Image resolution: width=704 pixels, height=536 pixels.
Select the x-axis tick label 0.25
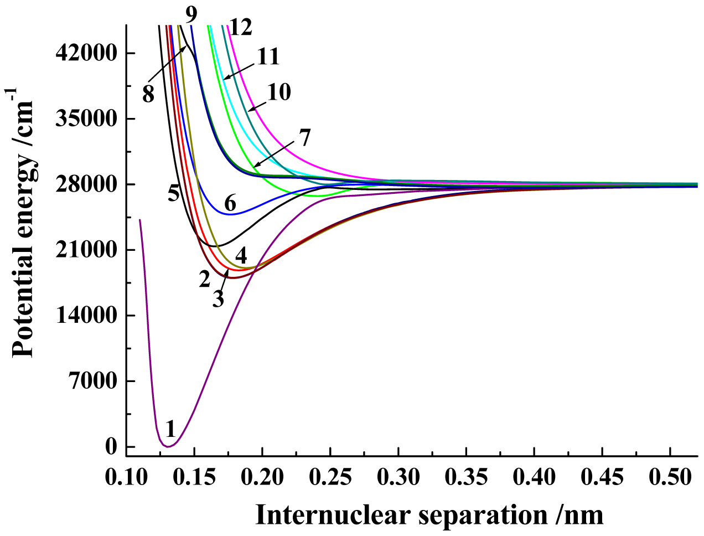click(330, 477)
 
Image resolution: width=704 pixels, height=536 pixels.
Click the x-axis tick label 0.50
click(670, 477)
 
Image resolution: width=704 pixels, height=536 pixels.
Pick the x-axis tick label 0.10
click(127, 477)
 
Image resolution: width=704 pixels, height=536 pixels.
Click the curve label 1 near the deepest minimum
click(170, 429)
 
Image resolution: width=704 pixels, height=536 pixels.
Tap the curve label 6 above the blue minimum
click(230, 204)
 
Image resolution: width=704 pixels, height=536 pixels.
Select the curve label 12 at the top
click(240, 27)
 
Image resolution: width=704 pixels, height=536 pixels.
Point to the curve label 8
click(148, 95)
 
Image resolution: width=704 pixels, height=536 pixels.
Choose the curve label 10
click(279, 92)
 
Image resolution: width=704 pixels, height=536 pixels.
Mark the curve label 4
click(241, 256)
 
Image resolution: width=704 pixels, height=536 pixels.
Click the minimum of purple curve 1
click(168, 446)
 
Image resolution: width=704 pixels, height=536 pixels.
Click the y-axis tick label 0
click(111, 447)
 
